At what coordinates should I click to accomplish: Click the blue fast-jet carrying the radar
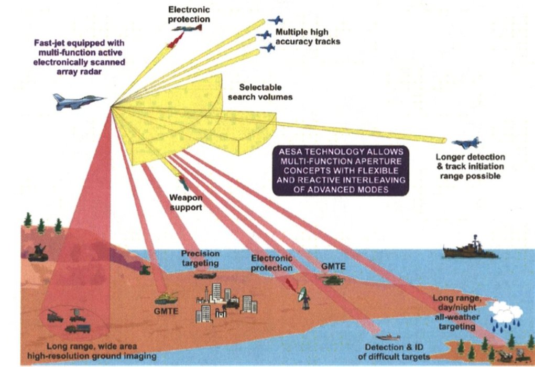(78, 101)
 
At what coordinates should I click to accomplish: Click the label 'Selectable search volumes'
(266, 92)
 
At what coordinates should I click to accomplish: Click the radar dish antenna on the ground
(303, 298)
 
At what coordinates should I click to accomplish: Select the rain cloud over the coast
(506, 314)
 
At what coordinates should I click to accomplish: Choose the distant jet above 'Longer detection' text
(466, 143)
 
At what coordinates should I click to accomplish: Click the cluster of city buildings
(225, 303)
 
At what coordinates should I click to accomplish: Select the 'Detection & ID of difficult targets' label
(397, 352)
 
